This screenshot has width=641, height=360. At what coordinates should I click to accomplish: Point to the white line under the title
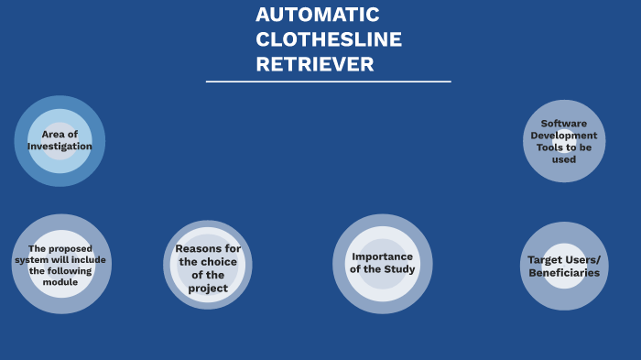click(328, 82)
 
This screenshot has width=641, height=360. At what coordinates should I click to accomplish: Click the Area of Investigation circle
click(60, 141)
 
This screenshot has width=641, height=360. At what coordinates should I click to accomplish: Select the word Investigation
click(60, 147)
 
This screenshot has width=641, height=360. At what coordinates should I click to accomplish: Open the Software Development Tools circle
click(564, 141)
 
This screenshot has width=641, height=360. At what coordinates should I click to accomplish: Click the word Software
click(564, 123)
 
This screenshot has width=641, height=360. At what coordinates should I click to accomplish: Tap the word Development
click(564, 136)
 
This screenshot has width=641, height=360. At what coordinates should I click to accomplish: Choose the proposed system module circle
click(60, 264)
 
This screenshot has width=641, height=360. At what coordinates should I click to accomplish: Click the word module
click(60, 281)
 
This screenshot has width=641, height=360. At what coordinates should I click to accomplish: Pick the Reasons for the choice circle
click(208, 265)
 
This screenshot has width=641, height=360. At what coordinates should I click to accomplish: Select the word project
click(208, 289)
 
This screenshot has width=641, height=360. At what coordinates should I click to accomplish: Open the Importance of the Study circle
click(382, 264)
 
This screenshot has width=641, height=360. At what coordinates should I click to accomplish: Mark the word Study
click(400, 269)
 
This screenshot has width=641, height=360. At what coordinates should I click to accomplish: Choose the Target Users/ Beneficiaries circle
click(564, 266)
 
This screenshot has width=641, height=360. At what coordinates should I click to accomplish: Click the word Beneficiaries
click(564, 273)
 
